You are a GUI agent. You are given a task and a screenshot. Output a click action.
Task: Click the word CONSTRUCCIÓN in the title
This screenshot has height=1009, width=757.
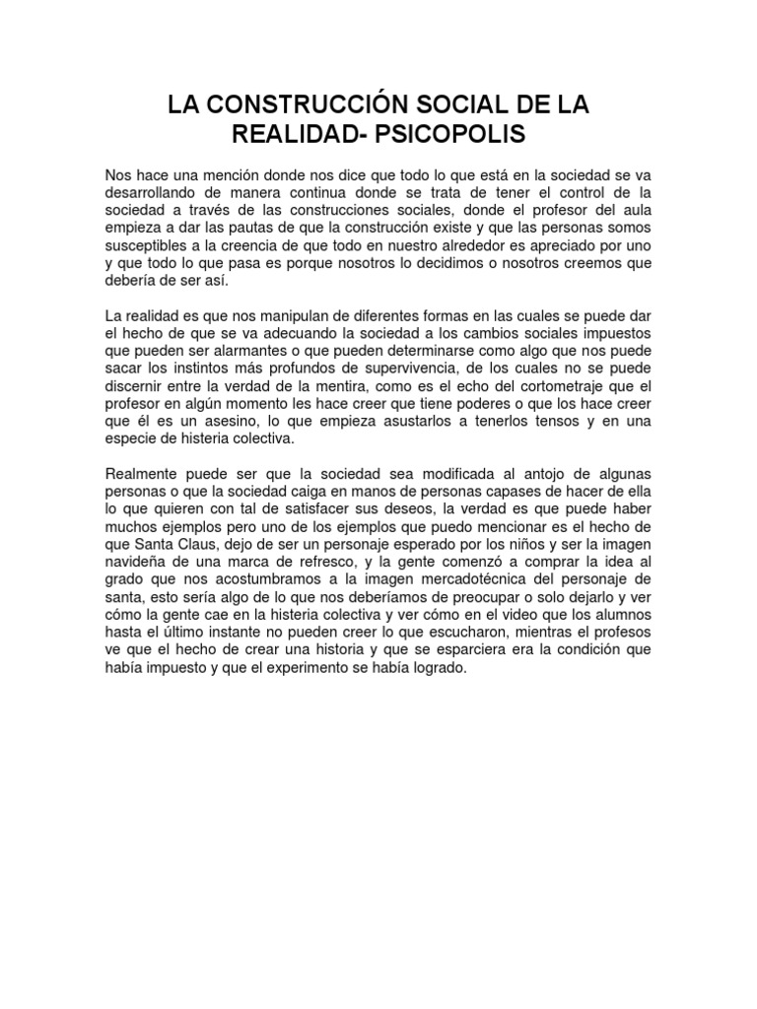(292, 104)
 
